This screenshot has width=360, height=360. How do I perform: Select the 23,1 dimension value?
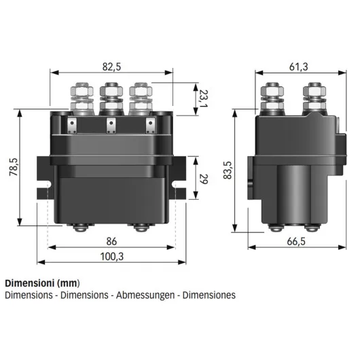coord(203,99)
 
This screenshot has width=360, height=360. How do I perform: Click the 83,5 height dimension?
coord(227,170)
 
